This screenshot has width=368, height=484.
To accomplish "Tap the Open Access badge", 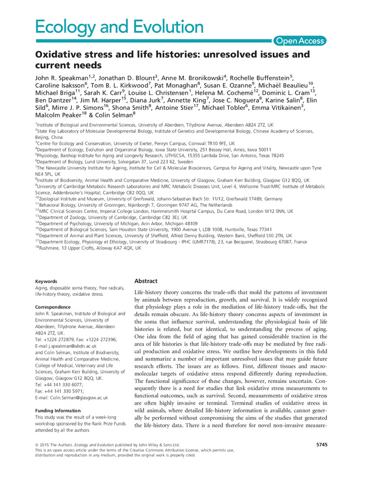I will pyautogui.click(x=300, y=41).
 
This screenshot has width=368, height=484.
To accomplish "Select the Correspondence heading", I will pyautogui.click(x=53, y=307).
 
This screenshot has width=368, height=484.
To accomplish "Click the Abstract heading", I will pyautogui.click(x=146, y=281).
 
